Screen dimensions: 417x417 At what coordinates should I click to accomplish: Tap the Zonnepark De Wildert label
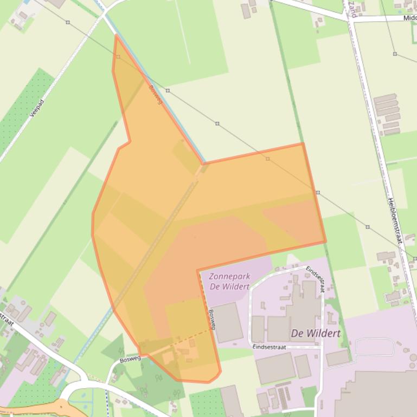[x=229, y=281]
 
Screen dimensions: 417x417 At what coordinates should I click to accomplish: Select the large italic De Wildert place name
[x=316, y=333]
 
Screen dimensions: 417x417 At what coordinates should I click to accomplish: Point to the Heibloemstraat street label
[x=394, y=220]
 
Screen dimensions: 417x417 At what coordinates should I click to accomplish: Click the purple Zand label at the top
[x=353, y=9]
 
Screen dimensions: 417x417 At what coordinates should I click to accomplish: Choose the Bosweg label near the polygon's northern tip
[x=156, y=95]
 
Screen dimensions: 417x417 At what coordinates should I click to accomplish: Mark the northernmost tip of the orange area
[x=116, y=36]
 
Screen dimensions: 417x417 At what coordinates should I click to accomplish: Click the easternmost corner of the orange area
[x=325, y=242]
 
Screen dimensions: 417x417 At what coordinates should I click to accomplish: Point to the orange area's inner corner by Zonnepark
[x=198, y=271]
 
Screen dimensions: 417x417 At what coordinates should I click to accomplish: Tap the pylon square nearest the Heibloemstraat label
[x=368, y=227]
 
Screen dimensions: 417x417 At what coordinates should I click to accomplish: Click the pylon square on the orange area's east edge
[x=318, y=193]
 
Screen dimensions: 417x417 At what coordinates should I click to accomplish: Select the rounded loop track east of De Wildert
[x=374, y=347]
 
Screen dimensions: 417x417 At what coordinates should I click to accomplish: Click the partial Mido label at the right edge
[x=409, y=18]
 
